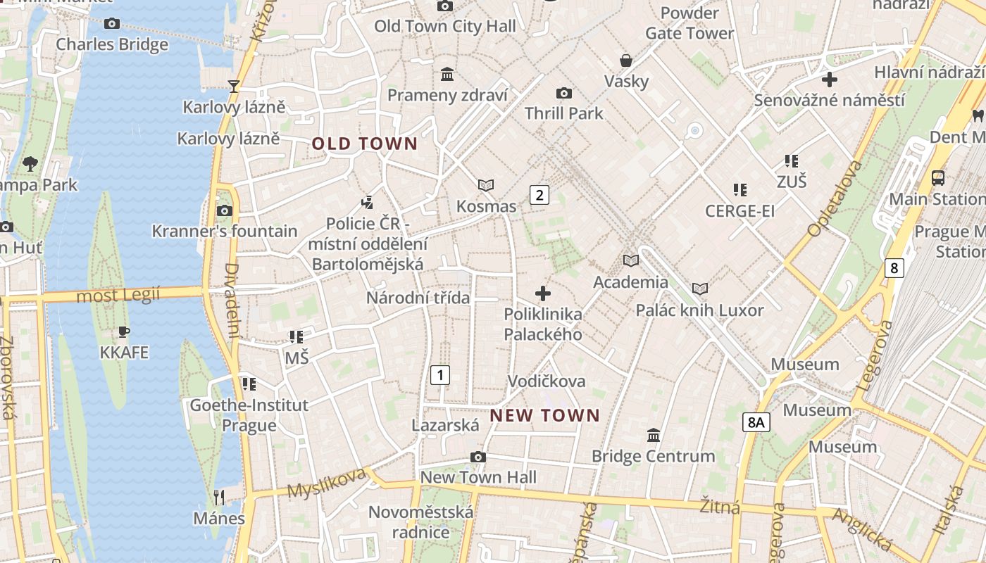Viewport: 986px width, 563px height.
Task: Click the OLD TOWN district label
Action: click(x=365, y=144)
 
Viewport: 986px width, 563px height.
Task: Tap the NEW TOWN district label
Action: click(x=544, y=415)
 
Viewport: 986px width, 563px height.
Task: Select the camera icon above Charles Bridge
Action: click(x=111, y=23)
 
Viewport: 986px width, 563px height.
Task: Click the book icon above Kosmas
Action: click(x=486, y=185)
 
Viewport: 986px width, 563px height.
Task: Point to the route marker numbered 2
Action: click(x=539, y=195)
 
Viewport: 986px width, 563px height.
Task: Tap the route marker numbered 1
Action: click(x=440, y=375)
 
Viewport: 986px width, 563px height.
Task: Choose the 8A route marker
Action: click(x=756, y=422)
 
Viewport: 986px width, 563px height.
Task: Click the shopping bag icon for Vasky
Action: click(x=625, y=61)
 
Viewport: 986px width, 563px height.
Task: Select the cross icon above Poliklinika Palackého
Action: click(x=543, y=293)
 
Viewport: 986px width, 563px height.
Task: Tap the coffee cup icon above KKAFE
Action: click(x=124, y=331)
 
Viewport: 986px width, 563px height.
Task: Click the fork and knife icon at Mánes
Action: click(x=219, y=498)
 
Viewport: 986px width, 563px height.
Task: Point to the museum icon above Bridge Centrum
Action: click(x=653, y=436)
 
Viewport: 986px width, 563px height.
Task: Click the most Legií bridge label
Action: click(x=118, y=295)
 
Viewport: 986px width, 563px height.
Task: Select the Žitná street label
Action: click(x=720, y=506)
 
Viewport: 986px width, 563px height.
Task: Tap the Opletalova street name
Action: click(x=835, y=198)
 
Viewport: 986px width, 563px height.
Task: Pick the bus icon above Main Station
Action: click(x=937, y=178)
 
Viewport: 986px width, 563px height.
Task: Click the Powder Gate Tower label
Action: click(x=689, y=23)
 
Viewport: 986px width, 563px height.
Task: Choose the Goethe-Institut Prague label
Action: click(x=249, y=415)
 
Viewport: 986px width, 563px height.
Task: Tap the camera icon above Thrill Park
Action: click(x=563, y=93)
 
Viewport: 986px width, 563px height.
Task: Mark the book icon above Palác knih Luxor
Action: click(x=700, y=289)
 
